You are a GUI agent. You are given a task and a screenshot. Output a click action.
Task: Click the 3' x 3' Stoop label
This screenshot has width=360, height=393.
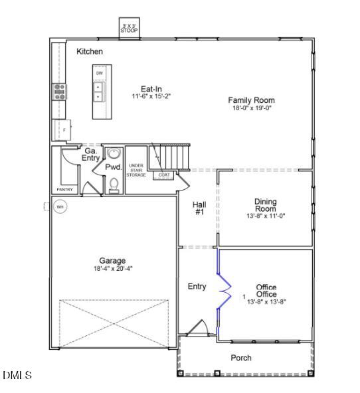pyautogui.click(x=128, y=28)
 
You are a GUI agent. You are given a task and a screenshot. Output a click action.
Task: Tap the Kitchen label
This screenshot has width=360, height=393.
pyautogui.click(x=90, y=51)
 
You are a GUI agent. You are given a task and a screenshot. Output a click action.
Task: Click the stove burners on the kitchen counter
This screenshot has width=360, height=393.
pyautogui.click(x=60, y=91)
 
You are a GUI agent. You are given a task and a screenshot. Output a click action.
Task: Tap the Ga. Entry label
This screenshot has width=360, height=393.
pyautogui.click(x=90, y=155)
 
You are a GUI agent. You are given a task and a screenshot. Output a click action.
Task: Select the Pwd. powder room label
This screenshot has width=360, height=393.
pyautogui.click(x=113, y=167)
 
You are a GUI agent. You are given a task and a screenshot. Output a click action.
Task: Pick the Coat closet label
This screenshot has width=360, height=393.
pyautogui.click(x=164, y=175)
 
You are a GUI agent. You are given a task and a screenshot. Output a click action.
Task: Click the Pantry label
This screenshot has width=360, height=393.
pyautogui.click(x=64, y=189)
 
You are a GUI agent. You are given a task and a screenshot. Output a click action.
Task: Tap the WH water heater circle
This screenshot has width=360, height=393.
pyautogui.click(x=60, y=207)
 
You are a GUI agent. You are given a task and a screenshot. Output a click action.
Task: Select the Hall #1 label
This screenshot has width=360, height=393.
pyautogui.click(x=199, y=208)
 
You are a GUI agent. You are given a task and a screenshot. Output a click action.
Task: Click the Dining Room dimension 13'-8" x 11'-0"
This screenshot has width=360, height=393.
pyautogui.click(x=265, y=216)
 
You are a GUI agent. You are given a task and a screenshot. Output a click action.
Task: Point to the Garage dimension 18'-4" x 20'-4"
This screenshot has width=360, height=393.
pyautogui.click(x=112, y=268)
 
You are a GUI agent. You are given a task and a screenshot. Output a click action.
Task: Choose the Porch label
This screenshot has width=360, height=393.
pyautogui.click(x=241, y=358)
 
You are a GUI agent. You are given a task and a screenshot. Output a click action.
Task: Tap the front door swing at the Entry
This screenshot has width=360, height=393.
pyautogui.click(x=197, y=329)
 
